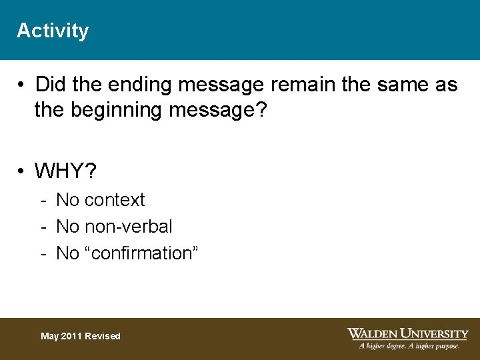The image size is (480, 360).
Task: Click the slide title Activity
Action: point(53,31)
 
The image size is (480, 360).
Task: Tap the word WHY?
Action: point(65,172)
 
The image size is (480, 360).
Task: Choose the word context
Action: point(114,200)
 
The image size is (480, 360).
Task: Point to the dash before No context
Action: point(43,200)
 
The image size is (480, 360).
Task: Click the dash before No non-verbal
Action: point(43,227)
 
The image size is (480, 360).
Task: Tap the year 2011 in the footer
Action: point(73,336)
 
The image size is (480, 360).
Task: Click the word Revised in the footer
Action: point(103,336)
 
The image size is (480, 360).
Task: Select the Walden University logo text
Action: point(407,333)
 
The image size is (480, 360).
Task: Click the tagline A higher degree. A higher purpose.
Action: point(409,346)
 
